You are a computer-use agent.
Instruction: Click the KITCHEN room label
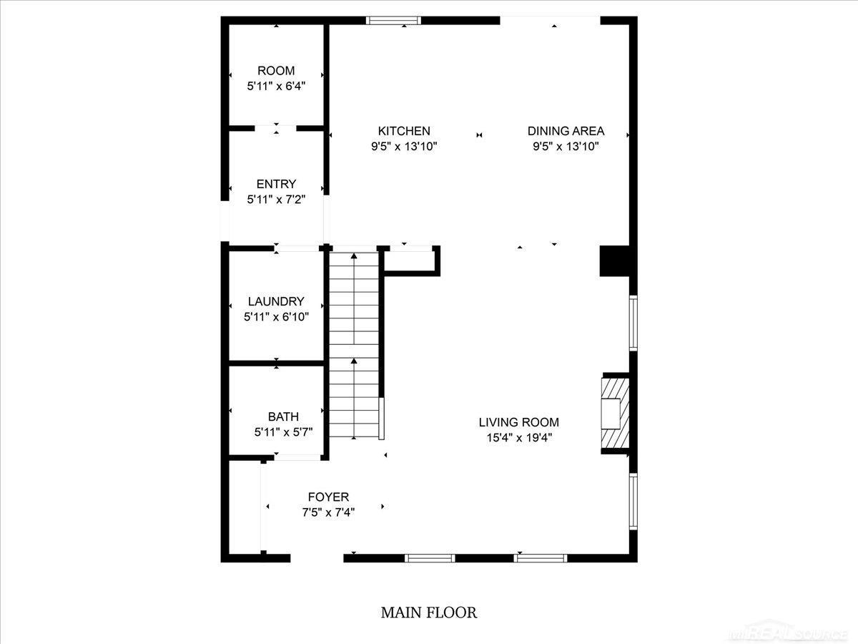(404, 131)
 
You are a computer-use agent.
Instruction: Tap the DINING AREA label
(566, 131)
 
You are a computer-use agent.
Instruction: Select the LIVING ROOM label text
(518, 422)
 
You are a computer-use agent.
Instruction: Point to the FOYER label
(328, 497)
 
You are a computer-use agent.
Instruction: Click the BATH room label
(283, 416)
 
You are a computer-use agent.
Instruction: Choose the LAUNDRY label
(276, 301)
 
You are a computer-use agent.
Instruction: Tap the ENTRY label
(276, 184)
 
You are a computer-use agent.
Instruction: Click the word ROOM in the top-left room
(276, 71)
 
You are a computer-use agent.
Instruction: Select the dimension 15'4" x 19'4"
(518, 437)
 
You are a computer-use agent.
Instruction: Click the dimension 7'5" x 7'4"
(328, 512)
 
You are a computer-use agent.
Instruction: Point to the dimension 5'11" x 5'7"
(283, 431)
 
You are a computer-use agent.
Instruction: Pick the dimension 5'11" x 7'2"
(276, 199)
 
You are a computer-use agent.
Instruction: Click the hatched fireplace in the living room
(615, 413)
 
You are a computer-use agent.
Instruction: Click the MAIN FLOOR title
(428, 613)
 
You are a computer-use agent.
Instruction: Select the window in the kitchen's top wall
(393, 21)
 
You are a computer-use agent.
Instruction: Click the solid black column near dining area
(614, 260)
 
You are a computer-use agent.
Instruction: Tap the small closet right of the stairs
(410, 260)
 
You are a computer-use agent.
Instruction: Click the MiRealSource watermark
(786, 634)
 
